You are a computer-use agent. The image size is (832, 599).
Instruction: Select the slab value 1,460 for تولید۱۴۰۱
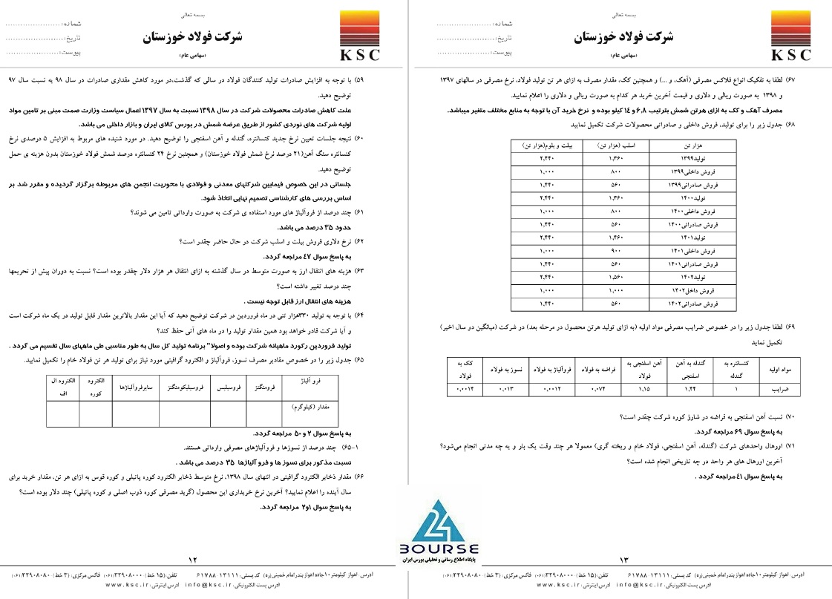[603, 238]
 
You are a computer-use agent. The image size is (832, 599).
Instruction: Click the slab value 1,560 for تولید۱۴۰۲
[603, 277]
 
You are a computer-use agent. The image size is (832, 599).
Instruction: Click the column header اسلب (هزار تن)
[603, 145]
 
